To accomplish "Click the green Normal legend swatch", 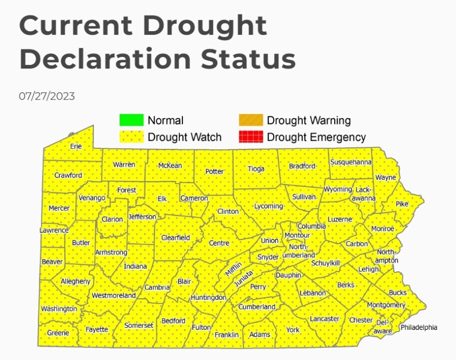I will point(131,120).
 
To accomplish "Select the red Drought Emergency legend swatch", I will point(251,137).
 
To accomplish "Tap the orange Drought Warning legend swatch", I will point(251,120).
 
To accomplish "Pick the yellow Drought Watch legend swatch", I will point(131,137).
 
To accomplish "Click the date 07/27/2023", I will point(47,96).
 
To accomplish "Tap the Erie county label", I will point(76,146).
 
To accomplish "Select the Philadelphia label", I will point(419,327).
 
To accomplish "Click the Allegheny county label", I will point(76,281).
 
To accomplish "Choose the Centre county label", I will point(219,243).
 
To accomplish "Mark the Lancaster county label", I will point(324,319).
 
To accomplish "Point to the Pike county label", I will point(402,204).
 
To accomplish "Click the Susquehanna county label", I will point(351,162).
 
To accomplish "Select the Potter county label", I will point(215,171).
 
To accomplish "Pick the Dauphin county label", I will point(288,275).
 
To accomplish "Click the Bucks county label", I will point(398,293).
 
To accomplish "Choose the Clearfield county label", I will point(176,238).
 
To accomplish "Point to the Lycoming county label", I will point(268,206).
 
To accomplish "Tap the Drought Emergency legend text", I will point(316,137).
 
